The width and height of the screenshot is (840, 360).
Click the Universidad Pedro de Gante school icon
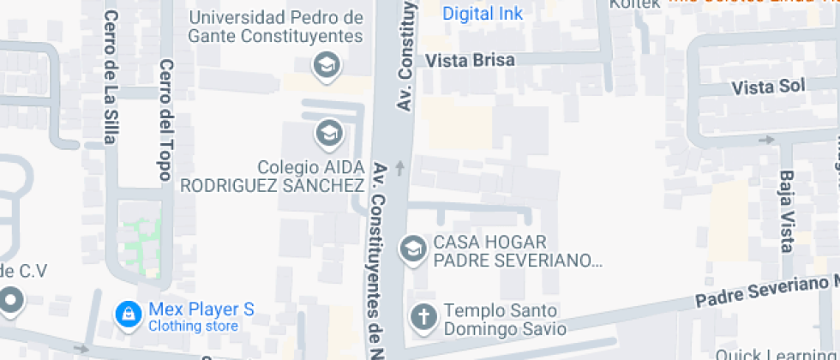click(326, 64)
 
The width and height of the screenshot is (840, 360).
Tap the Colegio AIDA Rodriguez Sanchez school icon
click(327, 133)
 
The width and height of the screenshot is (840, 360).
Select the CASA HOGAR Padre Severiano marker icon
click(414, 249)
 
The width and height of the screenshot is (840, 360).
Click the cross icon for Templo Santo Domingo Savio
click(423, 316)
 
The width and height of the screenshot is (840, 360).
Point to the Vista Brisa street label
click(471, 60)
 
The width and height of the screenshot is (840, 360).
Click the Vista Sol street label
click(768, 87)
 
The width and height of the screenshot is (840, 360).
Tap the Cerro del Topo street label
click(166, 119)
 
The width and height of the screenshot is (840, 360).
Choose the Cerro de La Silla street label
click(110, 78)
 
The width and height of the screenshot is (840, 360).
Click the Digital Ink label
click(483, 14)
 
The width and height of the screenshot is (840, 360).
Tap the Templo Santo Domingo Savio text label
click(504, 319)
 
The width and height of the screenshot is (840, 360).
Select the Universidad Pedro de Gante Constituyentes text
click(276, 27)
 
